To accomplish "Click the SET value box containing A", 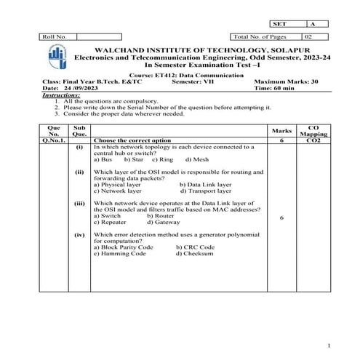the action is point(317,24).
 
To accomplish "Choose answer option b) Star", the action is point(133,159).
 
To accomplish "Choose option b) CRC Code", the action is point(195,247).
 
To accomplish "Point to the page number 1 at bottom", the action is point(329,345).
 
